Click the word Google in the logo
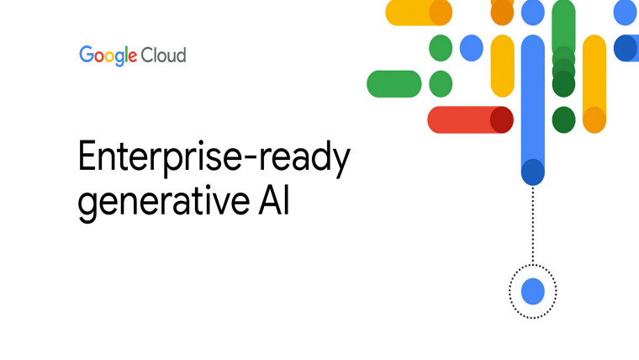(x=108, y=56)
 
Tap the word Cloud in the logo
(x=164, y=56)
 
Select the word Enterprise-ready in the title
(x=214, y=159)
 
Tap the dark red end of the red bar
(x=502, y=120)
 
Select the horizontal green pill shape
(x=394, y=84)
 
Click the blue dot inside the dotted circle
(x=533, y=292)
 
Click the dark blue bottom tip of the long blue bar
(x=533, y=172)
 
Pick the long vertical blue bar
(x=533, y=101)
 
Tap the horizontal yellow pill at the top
(x=412, y=13)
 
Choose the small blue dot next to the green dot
(x=472, y=48)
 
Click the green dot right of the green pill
(x=441, y=84)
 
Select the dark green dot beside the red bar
(x=563, y=119)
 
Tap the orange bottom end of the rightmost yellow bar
(x=594, y=120)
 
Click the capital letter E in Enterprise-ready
(x=88, y=158)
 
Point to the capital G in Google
(x=87, y=56)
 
